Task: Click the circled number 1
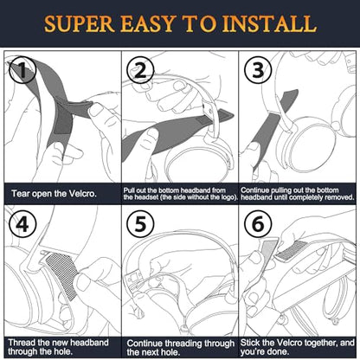coord(22,70)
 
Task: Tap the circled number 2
coord(140,70)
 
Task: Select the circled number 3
coord(258,70)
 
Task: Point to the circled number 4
coord(22,224)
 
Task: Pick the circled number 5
coord(140,224)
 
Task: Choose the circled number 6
coord(258,224)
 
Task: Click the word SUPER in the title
coord(80,23)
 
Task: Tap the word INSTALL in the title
coord(269,23)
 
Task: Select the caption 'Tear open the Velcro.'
coord(54,194)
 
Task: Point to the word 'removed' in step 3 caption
coord(339,197)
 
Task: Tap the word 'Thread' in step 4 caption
coord(22,343)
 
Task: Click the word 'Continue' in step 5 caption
coord(145,344)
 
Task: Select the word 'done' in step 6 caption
coord(280,352)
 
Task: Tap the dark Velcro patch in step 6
coord(291,250)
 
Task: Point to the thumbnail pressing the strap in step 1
coord(96,111)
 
